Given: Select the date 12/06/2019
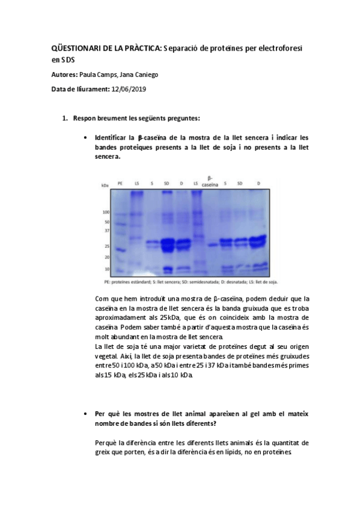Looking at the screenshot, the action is tap(129, 88).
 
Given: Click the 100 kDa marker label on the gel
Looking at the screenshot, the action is tap(106, 212).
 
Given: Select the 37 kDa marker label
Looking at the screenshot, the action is tap(107, 230).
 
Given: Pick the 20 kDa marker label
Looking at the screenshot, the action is tap(107, 257).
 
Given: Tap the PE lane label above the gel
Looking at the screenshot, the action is tap(121, 182).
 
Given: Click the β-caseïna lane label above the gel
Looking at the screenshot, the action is tap(210, 181).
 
